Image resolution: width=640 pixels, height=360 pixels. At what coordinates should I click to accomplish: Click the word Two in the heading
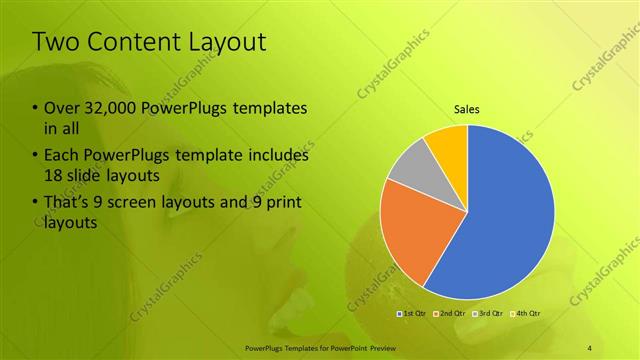57,43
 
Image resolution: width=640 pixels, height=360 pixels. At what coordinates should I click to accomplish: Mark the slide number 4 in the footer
590,346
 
